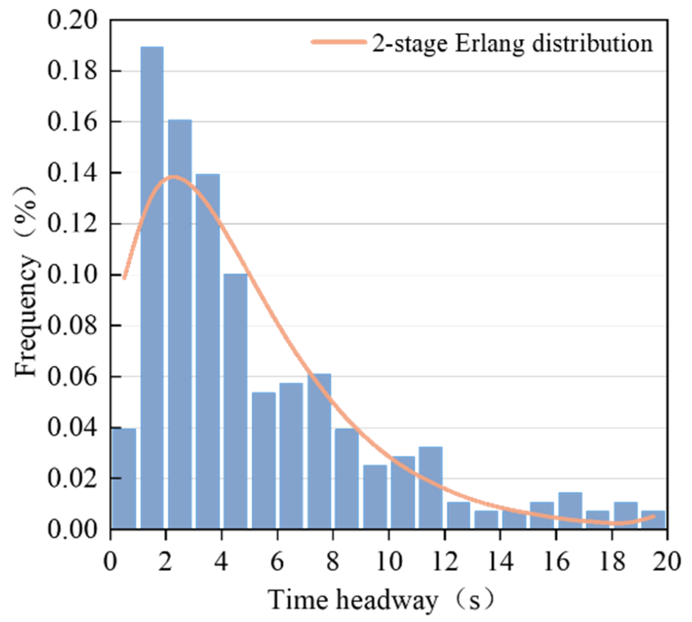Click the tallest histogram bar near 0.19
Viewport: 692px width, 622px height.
click(152, 288)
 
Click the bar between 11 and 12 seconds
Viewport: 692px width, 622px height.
click(431, 488)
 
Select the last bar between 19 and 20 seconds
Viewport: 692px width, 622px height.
click(653, 520)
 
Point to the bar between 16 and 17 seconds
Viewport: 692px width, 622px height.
click(570, 511)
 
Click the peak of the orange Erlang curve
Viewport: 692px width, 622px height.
click(174, 177)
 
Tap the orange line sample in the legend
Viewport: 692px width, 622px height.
click(339, 42)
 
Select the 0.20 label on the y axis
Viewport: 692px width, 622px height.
click(72, 20)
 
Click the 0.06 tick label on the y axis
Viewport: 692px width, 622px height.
click(72, 377)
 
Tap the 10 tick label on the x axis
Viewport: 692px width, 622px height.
click(389, 561)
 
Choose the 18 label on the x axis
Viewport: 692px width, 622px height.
click(612, 561)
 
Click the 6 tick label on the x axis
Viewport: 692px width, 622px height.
click(277, 561)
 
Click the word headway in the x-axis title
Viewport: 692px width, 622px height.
click(386, 600)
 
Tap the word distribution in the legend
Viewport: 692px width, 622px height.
click(592, 44)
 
